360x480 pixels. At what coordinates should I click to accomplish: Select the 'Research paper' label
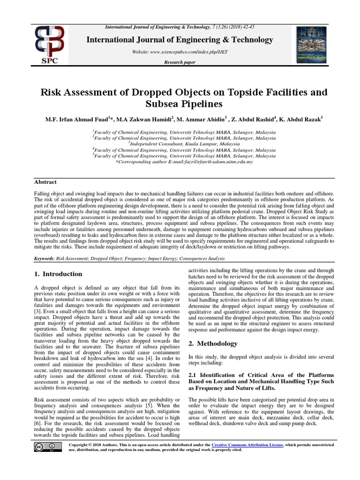[x=180, y=62]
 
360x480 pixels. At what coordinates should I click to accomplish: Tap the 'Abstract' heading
[x=45, y=182]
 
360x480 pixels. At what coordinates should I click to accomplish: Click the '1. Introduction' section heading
[x=58, y=274]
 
